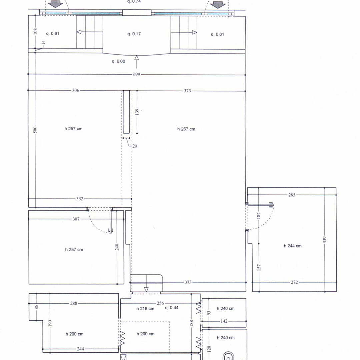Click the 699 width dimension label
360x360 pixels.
137,74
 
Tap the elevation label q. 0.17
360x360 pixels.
134,34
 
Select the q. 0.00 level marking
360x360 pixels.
118,62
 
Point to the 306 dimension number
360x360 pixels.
76,90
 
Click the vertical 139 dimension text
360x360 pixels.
137,112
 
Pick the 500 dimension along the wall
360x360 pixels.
35,130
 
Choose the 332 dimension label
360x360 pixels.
80,199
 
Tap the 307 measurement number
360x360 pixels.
76,219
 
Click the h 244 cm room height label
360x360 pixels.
293,246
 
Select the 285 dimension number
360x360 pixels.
292,195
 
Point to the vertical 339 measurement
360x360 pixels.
324,240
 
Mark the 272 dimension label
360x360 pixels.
294,282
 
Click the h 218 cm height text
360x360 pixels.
145,309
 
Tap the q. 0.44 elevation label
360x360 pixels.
172,308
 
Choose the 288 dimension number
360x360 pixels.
74,303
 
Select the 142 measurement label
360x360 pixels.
224,321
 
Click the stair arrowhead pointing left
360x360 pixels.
79,32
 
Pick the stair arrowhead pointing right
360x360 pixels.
194,32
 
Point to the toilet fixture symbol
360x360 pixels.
228,356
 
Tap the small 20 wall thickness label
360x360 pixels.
135,146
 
